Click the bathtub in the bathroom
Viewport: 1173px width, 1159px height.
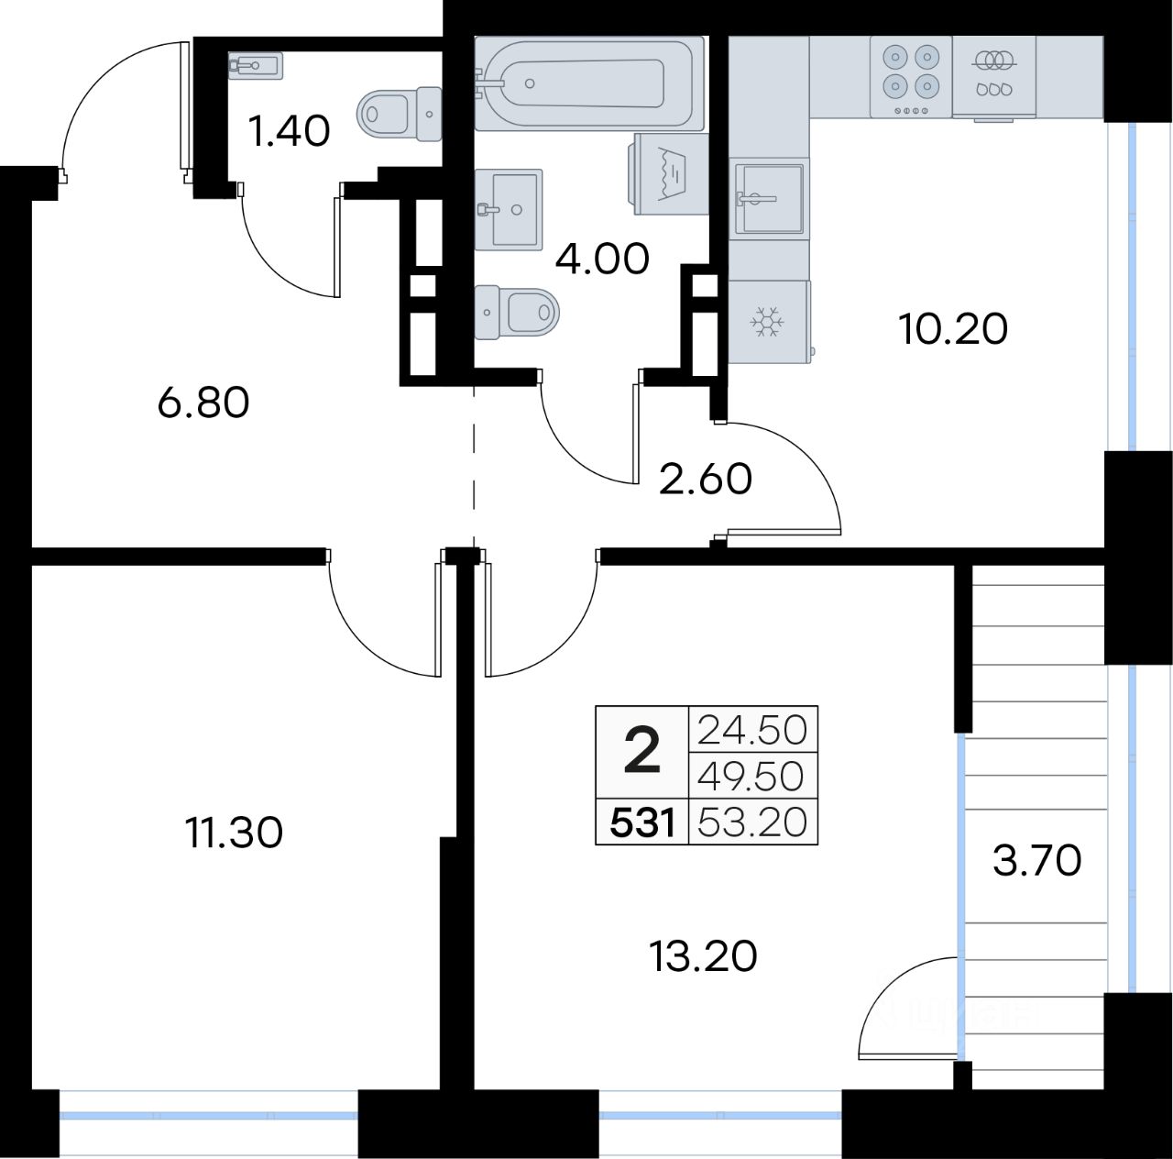click(x=589, y=83)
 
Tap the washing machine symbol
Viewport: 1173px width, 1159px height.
click(x=670, y=174)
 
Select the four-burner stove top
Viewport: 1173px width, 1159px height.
click(x=910, y=76)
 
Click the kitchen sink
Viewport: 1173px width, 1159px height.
click(x=770, y=199)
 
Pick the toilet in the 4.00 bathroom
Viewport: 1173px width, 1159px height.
click(x=516, y=314)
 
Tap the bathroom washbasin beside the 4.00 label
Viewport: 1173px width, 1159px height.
click(x=509, y=209)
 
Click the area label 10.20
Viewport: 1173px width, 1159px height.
click(x=953, y=330)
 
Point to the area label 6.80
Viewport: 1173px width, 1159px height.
click(x=203, y=403)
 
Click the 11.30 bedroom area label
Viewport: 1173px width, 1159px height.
click(x=235, y=833)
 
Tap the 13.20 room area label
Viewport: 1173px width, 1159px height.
click(x=703, y=955)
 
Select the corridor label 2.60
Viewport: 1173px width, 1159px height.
click(x=707, y=480)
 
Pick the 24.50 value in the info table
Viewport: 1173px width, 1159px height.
click(x=752, y=731)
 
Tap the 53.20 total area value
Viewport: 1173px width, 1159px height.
click(x=752, y=822)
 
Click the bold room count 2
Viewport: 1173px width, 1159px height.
click(x=642, y=752)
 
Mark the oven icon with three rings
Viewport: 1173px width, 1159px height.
click(x=994, y=76)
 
